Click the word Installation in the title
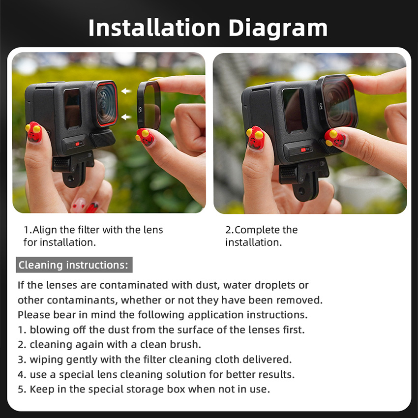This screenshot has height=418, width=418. [x=154, y=28]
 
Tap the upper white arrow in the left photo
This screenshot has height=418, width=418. [x=126, y=91]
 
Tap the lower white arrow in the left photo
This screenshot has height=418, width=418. [x=126, y=117]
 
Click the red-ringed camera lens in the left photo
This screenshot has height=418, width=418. [x=106, y=103]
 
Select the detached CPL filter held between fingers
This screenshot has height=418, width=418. [x=149, y=105]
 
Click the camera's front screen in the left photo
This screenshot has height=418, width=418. [x=72, y=108]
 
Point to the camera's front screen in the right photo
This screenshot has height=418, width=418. [x=294, y=110]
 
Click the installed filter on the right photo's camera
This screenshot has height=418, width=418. [x=337, y=102]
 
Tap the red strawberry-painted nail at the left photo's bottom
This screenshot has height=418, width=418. [x=92, y=208]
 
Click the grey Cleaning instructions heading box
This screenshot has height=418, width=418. [x=74, y=265]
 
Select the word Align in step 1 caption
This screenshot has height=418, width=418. [x=45, y=230]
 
